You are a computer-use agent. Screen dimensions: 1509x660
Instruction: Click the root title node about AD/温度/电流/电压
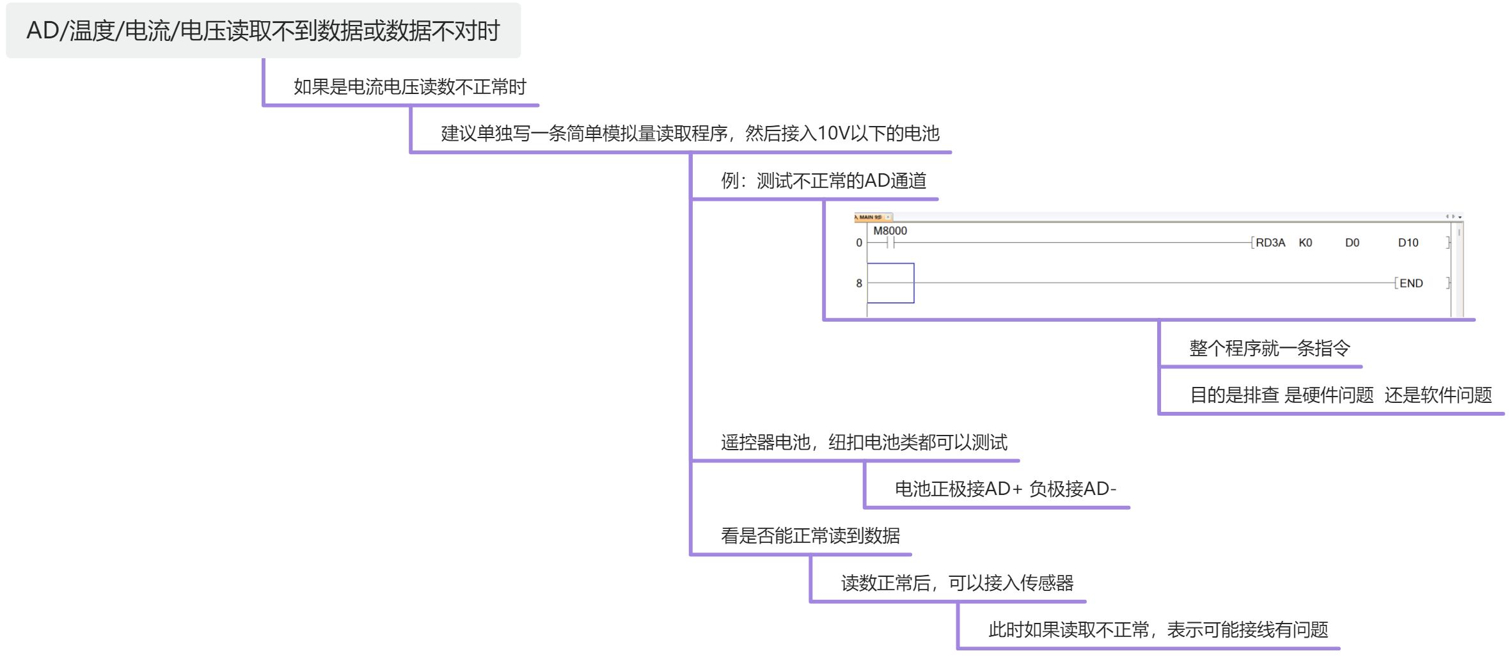click(263, 31)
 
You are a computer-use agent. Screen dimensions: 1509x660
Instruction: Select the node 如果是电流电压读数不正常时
click(410, 87)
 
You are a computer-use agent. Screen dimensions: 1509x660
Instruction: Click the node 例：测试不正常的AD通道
click(824, 181)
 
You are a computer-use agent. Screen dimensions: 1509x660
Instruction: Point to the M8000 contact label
click(890, 231)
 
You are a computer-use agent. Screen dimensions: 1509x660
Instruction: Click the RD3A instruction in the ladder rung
click(1270, 243)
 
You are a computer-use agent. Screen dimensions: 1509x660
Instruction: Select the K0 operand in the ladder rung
click(1306, 243)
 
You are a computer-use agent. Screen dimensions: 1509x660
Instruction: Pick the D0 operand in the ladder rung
click(1352, 243)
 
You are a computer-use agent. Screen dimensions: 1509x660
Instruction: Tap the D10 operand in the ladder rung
click(1408, 243)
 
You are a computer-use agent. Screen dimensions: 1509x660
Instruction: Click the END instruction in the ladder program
click(1411, 283)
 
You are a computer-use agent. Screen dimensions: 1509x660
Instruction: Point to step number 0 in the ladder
click(859, 243)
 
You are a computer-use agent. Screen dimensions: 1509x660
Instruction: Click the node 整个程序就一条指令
click(1270, 349)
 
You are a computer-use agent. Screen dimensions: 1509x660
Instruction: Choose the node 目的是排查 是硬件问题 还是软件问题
click(1341, 395)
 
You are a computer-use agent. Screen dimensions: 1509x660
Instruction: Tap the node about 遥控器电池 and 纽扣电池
click(864, 443)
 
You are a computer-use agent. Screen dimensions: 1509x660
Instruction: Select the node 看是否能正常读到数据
click(810, 536)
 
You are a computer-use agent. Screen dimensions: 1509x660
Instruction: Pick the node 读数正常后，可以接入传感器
click(958, 583)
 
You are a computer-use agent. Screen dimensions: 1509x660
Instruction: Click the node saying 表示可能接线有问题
click(1158, 630)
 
